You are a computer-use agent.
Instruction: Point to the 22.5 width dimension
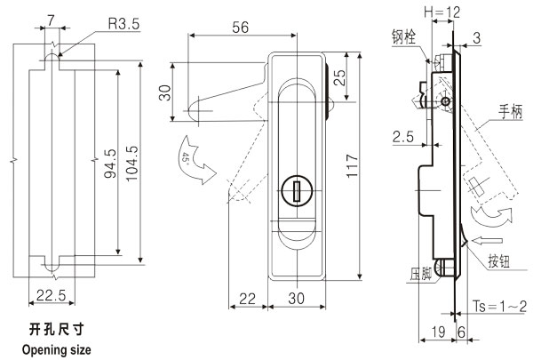[x=52, y=294]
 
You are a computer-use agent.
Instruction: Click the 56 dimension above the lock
[x=238, y=28]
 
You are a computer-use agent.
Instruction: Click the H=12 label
[x=442, y=13]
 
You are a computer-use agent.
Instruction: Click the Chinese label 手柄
[x=510, y=111]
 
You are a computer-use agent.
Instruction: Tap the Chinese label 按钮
[x=499, y=260]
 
